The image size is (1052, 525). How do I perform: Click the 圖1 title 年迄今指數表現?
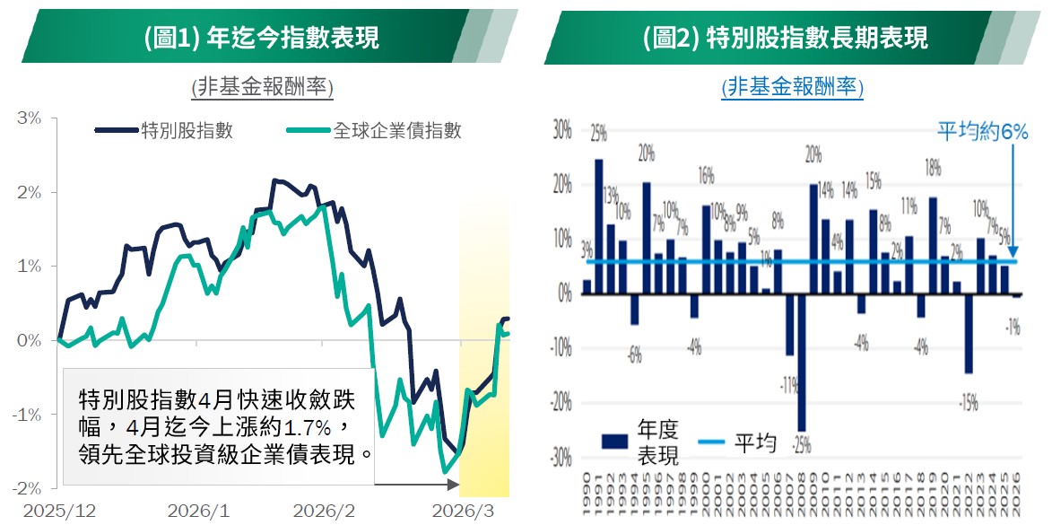[260, 37]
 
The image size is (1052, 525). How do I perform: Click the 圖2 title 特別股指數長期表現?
[785, 37]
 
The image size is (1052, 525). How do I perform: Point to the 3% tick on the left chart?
[30, 118]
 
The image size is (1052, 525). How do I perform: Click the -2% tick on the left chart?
[28, 488]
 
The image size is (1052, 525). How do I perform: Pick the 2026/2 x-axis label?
[323, 511]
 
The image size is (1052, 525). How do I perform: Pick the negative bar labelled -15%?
[969, 333]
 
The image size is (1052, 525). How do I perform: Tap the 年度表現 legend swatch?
[614, 440]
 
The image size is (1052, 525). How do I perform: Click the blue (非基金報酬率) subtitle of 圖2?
[792, 87]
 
